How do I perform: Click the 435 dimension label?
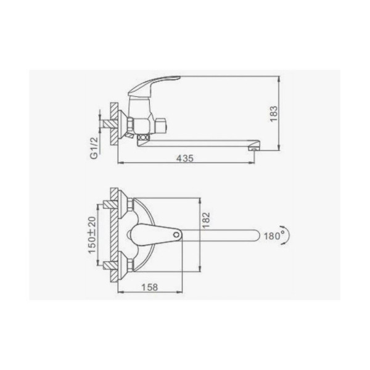pyautogui.click(x=185, y=158)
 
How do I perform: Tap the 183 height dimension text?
pyautogui.click(x=274, y=113)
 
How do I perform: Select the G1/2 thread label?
pyautogui.click(x=94, y=148)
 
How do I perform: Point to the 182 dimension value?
pyautogui.click(x=206, y=220)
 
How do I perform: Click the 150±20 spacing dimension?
pyautogui.click(x=92, y=235)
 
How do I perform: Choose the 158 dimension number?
pyautogui.click(x=150, y=287)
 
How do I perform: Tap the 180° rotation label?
pyautogui.click(x=274, y=236)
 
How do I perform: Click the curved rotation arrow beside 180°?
pyautogui.click(x=287, y=236)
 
